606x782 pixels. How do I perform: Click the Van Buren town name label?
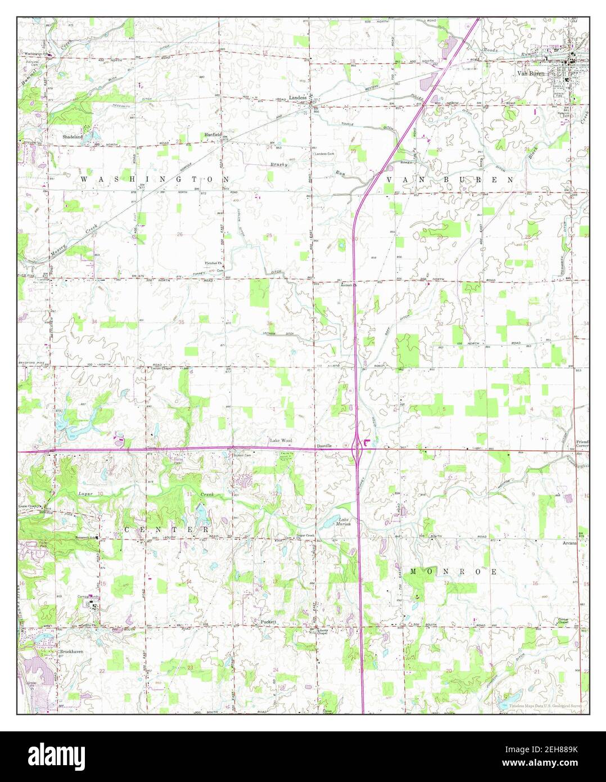click(x=531, y=73)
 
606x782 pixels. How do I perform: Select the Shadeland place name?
click(x=73, y=136)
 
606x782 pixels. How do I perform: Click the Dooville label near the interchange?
click(x=325, y=445)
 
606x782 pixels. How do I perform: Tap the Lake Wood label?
click(x=281, y=441)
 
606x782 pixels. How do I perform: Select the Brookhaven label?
click(x=71, y=651)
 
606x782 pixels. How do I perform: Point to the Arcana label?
click(x=569, y=544)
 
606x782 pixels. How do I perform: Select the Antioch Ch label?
click(x=349, y=285)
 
